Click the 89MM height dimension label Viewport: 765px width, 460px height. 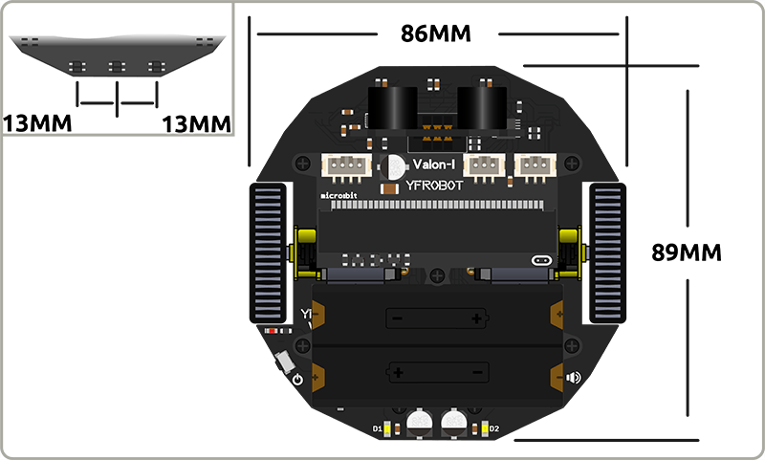(x=686, y=252)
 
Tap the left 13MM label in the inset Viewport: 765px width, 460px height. (x=35, y=123)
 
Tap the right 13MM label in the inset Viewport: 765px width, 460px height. (x=198, y=123)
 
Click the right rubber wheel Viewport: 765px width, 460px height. (x=606, y=253)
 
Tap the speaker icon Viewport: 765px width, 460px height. (x=574, y=377)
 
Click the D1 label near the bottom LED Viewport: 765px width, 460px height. (x=376, y=427)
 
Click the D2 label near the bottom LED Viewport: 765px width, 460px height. (x=494, y=427)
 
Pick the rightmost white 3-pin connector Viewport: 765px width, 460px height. (x=535, y=166)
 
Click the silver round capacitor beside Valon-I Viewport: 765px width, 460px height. (x=392, y=168)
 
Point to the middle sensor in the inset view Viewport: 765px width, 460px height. (x=117, y=67)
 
